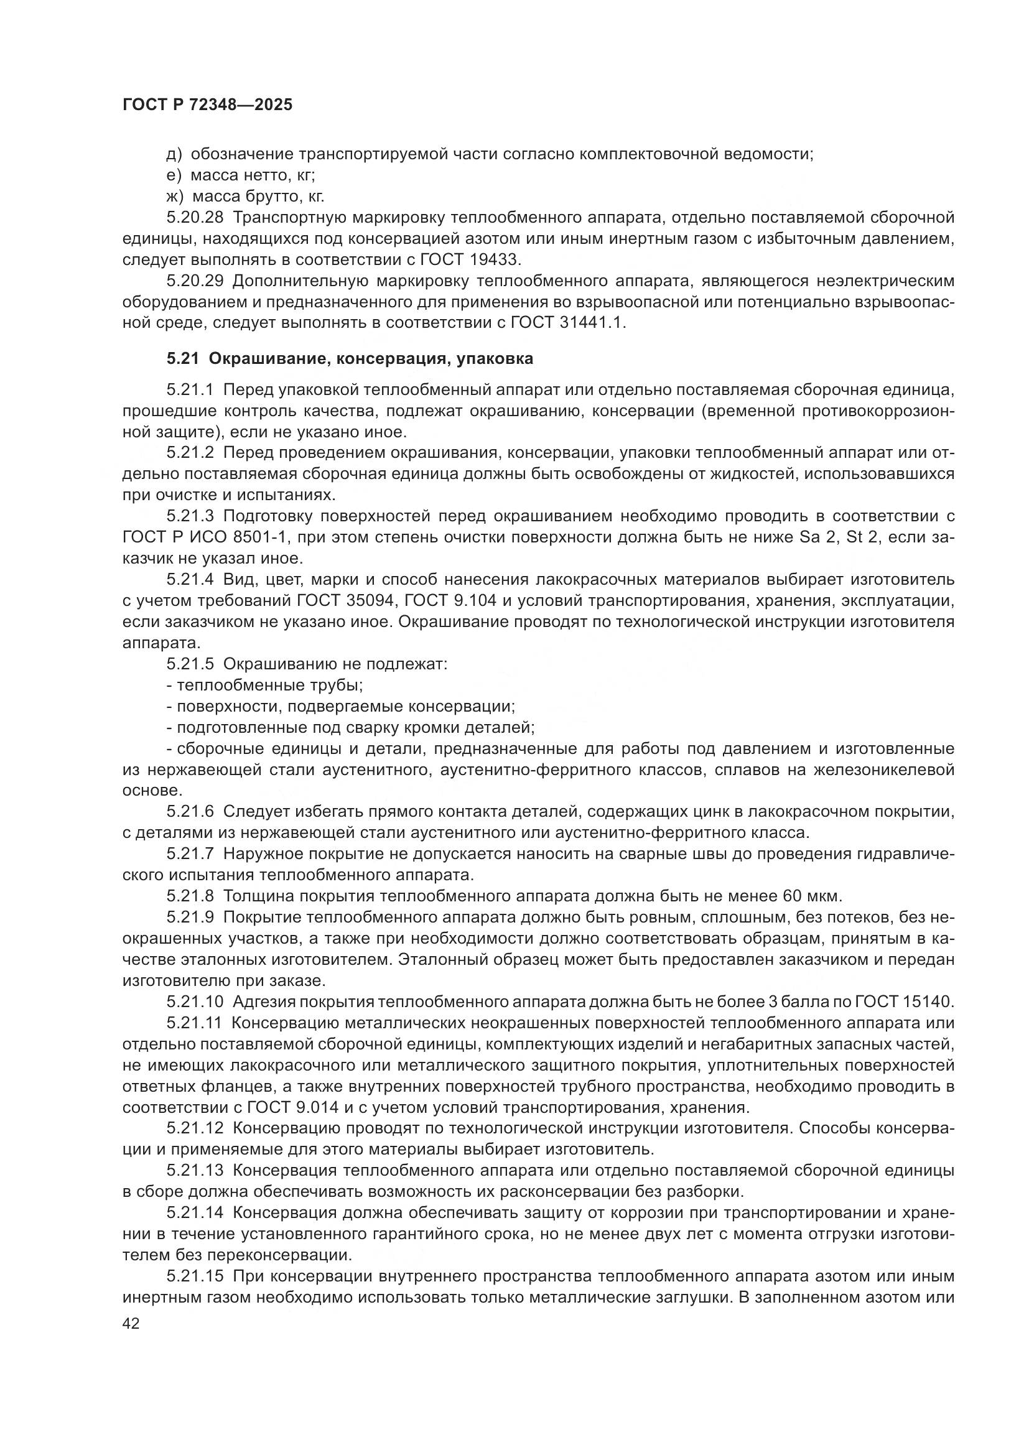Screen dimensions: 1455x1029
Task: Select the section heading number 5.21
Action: coord(183,360)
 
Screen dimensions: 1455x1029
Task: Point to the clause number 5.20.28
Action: coord(195,217)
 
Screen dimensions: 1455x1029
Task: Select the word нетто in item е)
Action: coord(264,175)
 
